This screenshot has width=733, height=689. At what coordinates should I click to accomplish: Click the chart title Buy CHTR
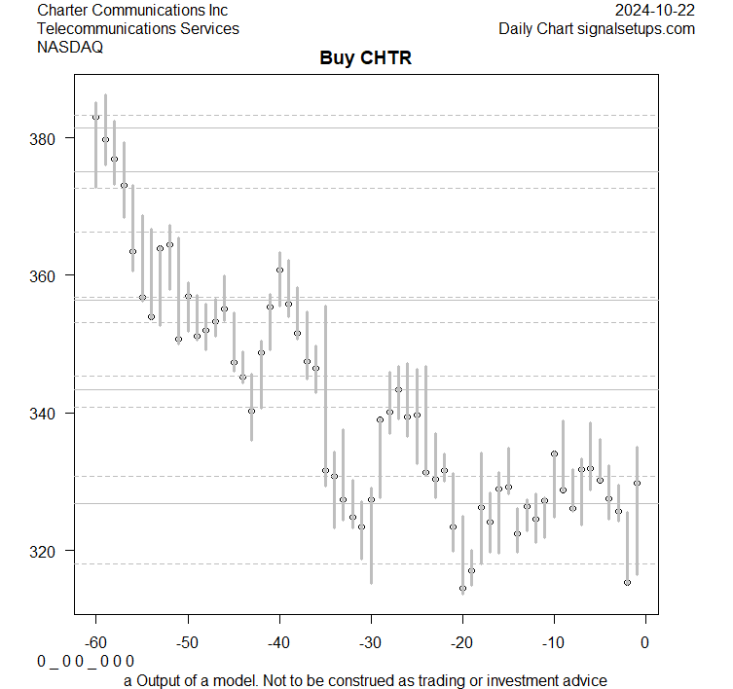[366, 58]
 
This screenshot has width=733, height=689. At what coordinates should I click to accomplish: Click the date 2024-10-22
[655, 10]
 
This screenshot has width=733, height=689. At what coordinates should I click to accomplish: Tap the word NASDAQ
[70, 47]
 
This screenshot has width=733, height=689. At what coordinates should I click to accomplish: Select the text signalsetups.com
[636, 28]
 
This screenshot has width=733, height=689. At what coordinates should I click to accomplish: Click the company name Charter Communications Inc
[132, 10]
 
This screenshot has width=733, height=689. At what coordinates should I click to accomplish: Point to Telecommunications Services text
[138, 28]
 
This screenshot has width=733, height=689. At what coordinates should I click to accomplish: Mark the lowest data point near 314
[462, 588]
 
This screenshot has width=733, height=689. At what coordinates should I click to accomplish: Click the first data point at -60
[95, 117]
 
